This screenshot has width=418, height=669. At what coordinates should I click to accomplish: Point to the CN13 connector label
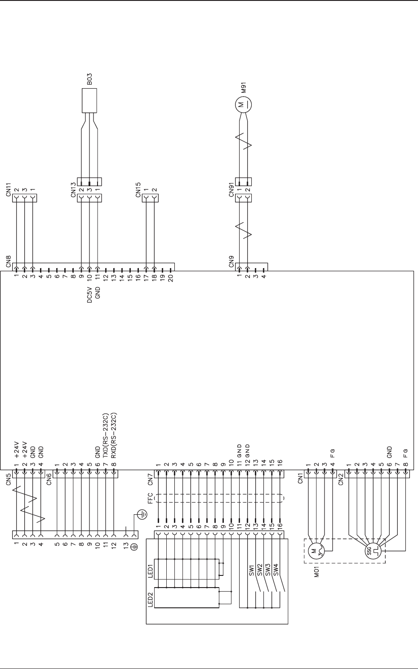(74, 188)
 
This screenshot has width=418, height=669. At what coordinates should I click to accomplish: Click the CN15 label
(138, 189)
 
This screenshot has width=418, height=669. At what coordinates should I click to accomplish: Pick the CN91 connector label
(231, 189)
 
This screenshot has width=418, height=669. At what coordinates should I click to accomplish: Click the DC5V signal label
(89, 295)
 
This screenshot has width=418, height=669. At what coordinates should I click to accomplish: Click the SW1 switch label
(252, 570)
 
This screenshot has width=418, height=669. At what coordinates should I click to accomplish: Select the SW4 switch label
(276, 570)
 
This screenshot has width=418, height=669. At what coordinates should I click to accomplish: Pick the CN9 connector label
(231, 262)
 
